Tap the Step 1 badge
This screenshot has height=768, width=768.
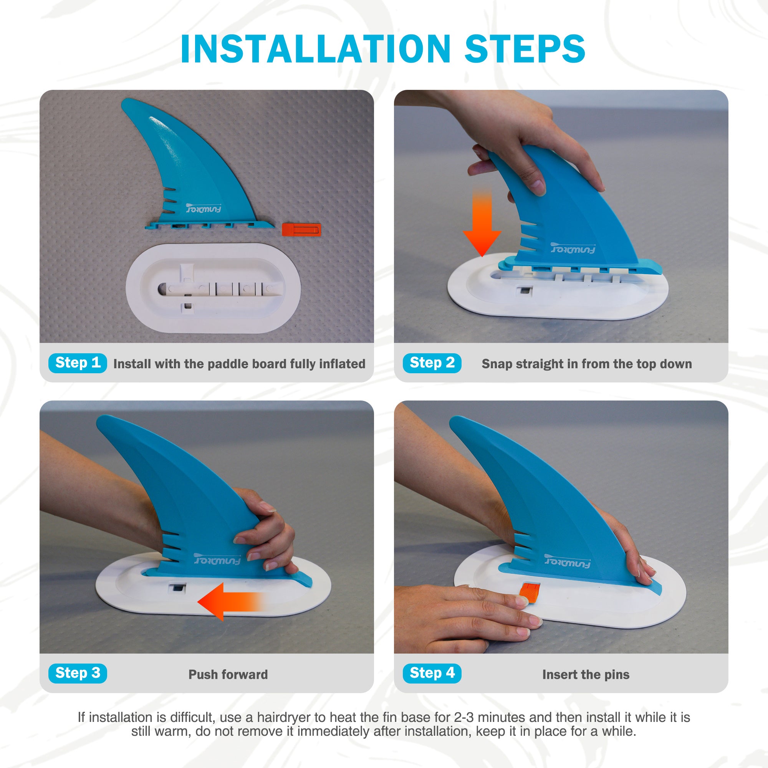pos(78,363)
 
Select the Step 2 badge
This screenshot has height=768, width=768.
pos(432,363)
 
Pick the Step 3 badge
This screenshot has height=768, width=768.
pos(78,673)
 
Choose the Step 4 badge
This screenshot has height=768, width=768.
pos(432,673)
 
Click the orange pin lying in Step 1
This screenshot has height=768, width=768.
pos(301,229)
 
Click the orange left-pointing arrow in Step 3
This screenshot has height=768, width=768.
pos(231,602)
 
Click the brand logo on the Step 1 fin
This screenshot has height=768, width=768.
pos(204,208)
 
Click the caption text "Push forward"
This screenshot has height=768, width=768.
pos(228,675)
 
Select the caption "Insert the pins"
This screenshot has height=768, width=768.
pos(586,675)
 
